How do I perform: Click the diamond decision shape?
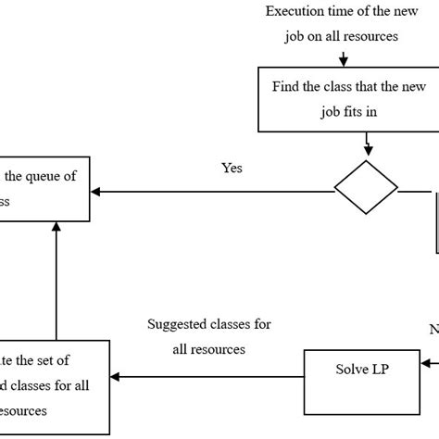[366, 191]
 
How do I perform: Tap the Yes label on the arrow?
[232, 170]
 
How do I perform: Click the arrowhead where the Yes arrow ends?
[97, 192]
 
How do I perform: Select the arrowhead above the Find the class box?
[344, 62]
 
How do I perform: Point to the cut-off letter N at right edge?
[433, 328]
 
